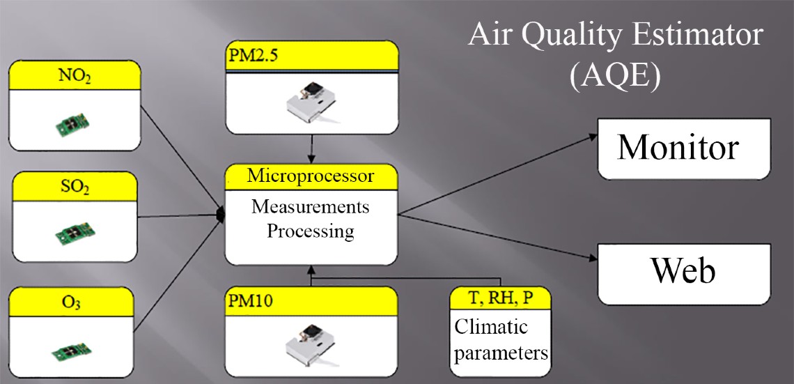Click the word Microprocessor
coord(311,176)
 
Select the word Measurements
coord(311,207)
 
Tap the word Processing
coord(311,231)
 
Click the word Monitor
coord(677,148)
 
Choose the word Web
coord(683,270)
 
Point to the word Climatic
coord(491,327)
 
